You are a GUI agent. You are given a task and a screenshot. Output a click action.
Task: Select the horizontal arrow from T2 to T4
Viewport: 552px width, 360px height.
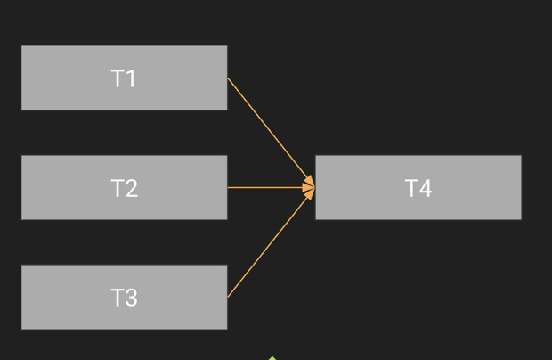coord(267,187)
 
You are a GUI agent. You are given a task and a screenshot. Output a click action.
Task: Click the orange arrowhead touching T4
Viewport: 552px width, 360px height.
coord(309,187)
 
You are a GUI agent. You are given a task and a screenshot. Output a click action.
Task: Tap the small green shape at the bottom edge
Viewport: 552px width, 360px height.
coord(272,357)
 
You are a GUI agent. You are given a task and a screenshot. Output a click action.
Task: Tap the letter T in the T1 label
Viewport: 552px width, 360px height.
coord(118,78)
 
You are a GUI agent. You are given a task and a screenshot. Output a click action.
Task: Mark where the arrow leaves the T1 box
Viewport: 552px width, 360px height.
coord(229,79)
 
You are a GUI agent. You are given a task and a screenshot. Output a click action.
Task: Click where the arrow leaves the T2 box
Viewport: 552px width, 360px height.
coord(229,187)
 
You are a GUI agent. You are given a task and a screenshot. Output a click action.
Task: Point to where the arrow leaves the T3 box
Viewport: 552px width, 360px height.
coord(229,296)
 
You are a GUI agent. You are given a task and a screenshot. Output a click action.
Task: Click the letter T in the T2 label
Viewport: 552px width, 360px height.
coord(118,188)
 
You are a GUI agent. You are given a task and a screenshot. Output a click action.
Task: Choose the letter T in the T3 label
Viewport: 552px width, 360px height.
coord(118,298)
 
